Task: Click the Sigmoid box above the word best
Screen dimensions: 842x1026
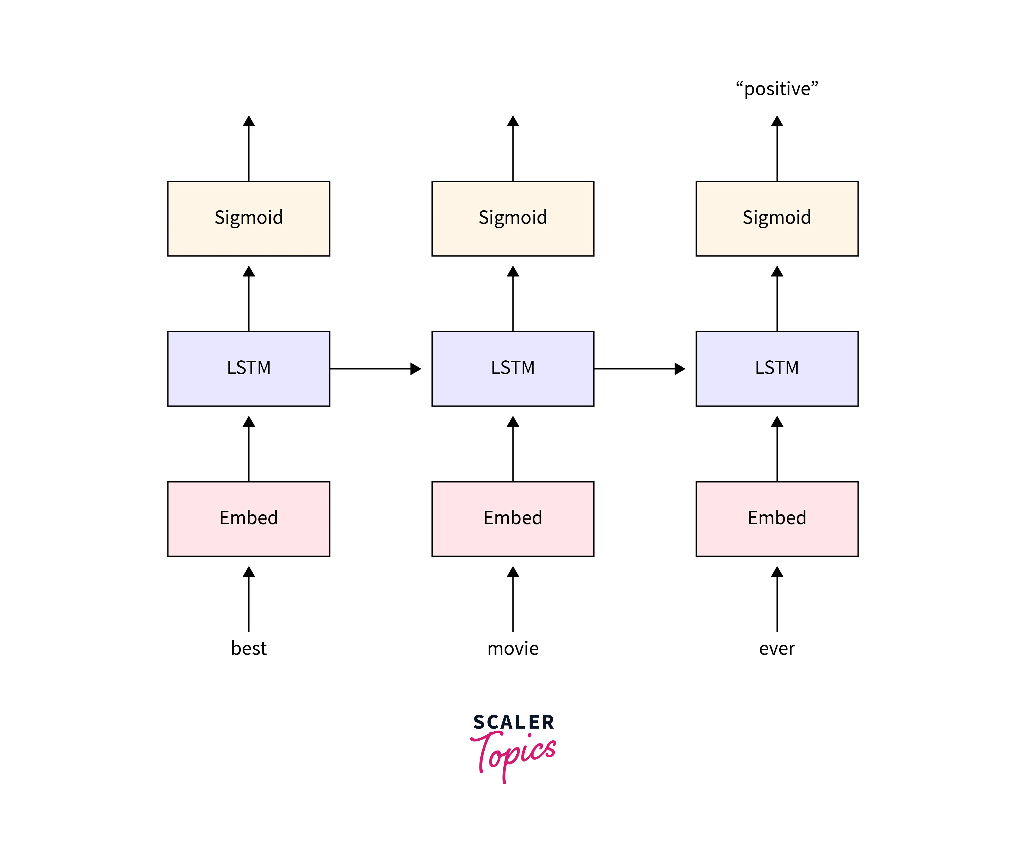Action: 248,218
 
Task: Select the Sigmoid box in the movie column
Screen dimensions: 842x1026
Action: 512,218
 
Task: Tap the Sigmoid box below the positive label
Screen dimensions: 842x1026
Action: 776,218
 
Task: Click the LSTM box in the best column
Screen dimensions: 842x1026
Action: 248,369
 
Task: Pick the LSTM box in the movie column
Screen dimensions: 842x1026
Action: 512,369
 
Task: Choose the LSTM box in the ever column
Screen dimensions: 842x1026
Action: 776,369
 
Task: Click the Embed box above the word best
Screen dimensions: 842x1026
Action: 248,518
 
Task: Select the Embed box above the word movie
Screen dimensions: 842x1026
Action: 512,518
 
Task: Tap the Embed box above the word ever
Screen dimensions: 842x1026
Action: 776,518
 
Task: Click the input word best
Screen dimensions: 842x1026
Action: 248,648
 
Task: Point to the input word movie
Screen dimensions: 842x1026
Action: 512,648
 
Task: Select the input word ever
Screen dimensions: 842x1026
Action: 776,648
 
